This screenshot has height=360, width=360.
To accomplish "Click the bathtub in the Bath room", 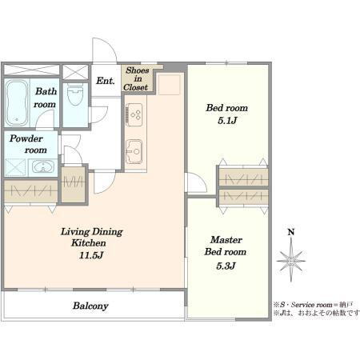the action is tap(17, 103).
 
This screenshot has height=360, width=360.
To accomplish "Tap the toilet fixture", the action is tap(75, 94).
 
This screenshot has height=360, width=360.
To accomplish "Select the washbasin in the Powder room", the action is tap(42, 166).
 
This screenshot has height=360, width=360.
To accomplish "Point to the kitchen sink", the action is tap(134, 151).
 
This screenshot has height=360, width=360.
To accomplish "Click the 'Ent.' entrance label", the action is tap(106, 81).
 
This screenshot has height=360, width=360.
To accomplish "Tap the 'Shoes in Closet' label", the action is tap(137, 79).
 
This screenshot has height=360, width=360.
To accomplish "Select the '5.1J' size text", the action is tap(227, 121).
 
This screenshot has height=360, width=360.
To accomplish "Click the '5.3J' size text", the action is tap(226, 266).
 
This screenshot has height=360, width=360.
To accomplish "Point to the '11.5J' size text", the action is tap(91, 255).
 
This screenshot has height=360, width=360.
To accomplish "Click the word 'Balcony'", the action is tap(90, 306).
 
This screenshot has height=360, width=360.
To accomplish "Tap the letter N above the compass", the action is tap(291, 232).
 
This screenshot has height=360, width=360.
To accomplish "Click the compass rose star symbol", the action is tap(291, 260).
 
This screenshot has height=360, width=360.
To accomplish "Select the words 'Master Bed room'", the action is tap(226, 246).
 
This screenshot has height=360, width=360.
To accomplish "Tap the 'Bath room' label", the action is tap(46, 98).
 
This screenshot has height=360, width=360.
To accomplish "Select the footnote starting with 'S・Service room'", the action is tap(314, 305).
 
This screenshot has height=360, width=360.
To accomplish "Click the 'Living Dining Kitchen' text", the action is tap(91, 237).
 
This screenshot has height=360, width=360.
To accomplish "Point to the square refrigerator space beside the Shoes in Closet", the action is tap(169, 85).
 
